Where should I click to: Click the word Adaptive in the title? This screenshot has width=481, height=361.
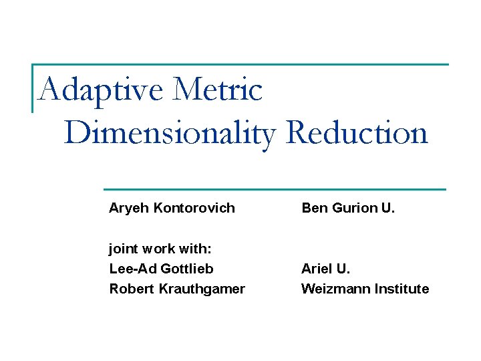pos(100,90)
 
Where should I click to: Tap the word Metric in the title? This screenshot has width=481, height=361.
pos(217,90)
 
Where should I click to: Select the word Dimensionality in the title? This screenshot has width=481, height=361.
pos(170,133)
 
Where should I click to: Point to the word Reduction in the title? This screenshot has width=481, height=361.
pos(357,133)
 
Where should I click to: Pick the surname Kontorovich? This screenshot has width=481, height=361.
pos(194,208)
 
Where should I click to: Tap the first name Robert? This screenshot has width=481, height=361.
pos(131,289)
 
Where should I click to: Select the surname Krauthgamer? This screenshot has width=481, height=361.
pos(202,289)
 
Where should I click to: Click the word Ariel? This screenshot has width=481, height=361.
pos(317,269)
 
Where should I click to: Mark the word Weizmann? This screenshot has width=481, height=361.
pos(334,289)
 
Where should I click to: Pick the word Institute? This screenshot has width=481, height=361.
pos(401,289)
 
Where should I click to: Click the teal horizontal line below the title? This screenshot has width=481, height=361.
pos(274,189)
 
